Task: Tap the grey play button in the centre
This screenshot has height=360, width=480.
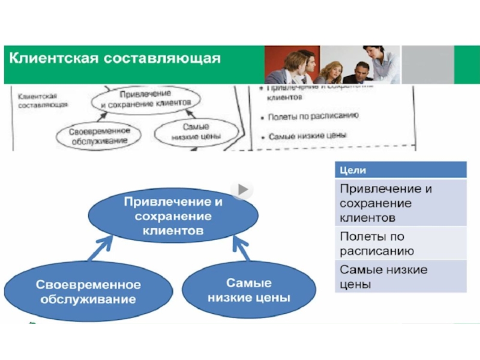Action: tap(242, 190)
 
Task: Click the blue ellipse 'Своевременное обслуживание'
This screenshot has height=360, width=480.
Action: tap(88, 291)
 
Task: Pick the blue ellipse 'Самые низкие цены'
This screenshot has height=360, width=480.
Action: tap(248, 290)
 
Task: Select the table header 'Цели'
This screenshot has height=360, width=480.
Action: tap(400, 170)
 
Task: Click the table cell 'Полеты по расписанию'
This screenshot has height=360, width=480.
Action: tap(400, 243)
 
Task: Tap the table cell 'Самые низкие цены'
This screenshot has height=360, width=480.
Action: tap(400, 276)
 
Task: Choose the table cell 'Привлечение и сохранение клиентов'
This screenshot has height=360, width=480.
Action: tap(400, 202)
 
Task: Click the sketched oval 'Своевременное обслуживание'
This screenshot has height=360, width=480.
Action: tap(98, 135)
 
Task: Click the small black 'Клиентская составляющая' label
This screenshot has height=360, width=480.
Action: tap(37, 100)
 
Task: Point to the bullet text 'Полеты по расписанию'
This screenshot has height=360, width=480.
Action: tap(313, 116)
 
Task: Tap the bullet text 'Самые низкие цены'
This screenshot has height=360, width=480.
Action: tap(307, 136)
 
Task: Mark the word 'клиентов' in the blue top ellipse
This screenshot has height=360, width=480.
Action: tap(173, 229)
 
